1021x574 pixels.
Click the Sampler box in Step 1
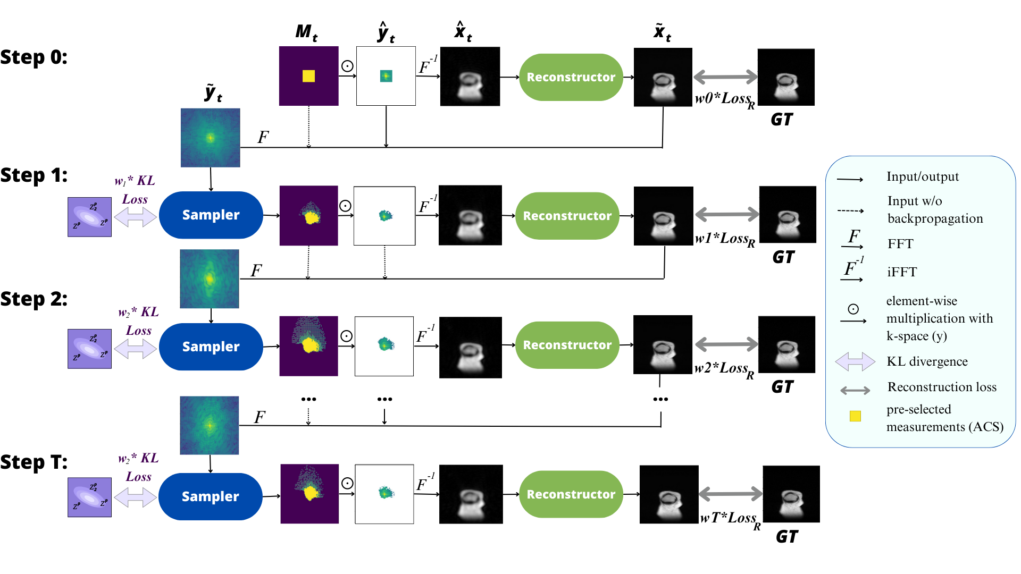click(x=211, y=215)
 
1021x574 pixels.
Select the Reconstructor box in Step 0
click(x=571, y=77)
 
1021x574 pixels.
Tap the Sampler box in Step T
click(x=210, y=496)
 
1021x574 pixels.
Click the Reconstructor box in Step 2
click(x=567, y=345)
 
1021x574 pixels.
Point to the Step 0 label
click(x=34, y=57)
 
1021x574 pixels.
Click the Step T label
click(x=34, y=462)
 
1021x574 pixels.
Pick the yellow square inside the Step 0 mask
click(x=308, y=76)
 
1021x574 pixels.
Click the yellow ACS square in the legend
click(x=855, y=416)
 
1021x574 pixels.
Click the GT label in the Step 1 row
click(x=783, y=257)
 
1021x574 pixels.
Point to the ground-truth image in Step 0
click(x=786, y=77)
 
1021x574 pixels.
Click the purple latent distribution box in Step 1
click(x=89, y=217)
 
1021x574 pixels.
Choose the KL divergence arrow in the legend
click(x=855, y=361)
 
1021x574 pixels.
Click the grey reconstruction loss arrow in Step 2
click(x=726, y=344)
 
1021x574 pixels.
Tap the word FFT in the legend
click(x=900, y=244)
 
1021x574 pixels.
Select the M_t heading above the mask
click(x=306, y=32)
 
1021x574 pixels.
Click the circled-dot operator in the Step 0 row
click(x=347, y=66)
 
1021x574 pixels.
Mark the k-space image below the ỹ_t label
click(x=210, y=138)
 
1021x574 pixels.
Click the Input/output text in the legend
click(x=923, y=176)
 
